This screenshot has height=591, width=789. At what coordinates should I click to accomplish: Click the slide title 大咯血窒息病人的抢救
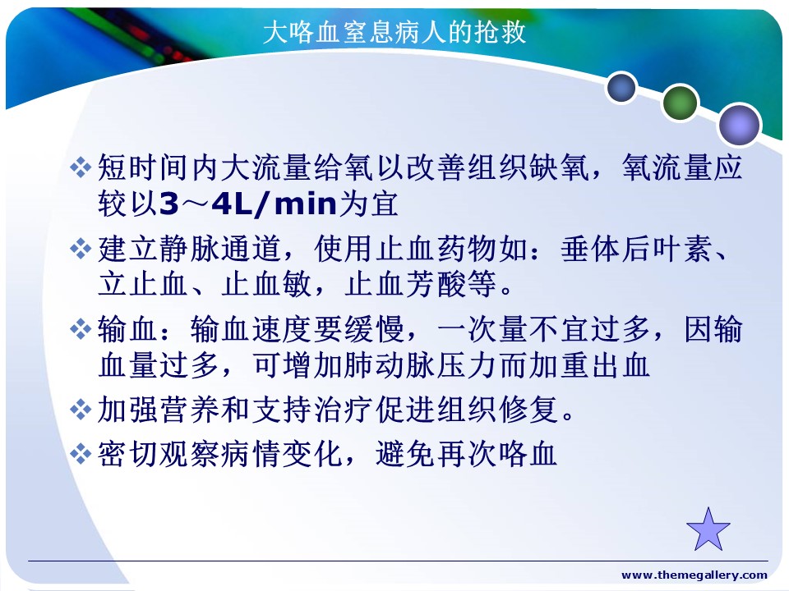point(394,32)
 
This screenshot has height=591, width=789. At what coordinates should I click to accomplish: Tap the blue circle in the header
point(621,87)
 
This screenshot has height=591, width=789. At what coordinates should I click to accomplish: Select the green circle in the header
point(681,103)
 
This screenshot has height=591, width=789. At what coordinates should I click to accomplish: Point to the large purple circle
point(739,125)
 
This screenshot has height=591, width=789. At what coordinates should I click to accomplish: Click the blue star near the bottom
point(708,529)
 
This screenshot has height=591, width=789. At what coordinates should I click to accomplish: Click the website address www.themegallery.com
point(694,575)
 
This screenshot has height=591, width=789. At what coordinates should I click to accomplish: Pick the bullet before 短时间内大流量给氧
point(81,167)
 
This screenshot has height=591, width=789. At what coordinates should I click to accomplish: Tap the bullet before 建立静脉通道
point(81,248)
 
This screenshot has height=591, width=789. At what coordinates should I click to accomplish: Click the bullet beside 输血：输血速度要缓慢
point(81,329)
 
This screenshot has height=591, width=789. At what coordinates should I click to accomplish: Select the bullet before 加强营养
point(81,410)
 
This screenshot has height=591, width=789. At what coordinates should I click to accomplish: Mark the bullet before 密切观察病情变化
point(81,454)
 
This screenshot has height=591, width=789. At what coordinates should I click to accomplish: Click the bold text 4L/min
point(275,204)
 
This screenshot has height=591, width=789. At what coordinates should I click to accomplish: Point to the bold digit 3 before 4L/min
point(169,204)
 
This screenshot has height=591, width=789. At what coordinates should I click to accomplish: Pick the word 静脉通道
point(220,249)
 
